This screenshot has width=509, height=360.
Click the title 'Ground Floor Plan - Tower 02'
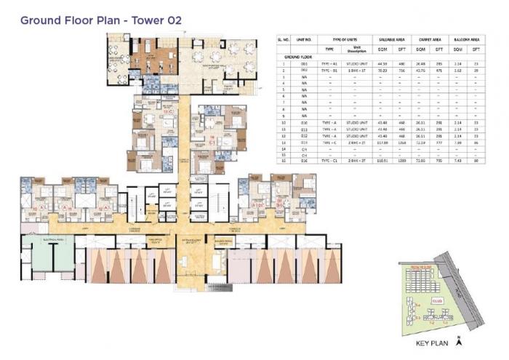click(101, 20)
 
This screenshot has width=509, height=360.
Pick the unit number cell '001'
click(308, 64)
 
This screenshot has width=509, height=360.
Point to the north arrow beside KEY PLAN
click(457, 339)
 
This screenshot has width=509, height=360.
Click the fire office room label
click(155, 238)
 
